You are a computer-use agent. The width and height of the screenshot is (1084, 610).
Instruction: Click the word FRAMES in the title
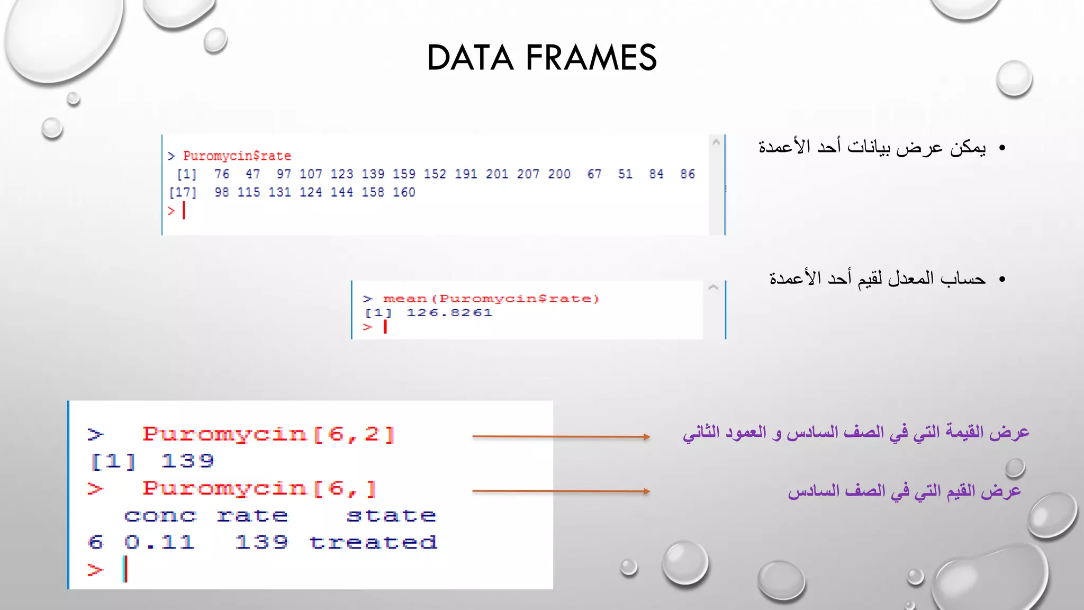point(591,58)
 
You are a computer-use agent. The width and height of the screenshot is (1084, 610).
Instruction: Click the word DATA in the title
point(470,58)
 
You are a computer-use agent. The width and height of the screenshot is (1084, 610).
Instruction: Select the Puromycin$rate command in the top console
point(237,156)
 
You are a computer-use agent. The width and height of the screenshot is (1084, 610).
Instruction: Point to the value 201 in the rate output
point(496,174)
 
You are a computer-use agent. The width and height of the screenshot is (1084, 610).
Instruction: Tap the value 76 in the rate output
point(221,174)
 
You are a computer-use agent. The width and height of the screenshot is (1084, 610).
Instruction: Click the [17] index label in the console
point(183,192)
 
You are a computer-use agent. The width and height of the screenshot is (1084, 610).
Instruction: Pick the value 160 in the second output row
point(404,192)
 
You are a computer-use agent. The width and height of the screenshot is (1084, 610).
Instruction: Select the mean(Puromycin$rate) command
point(491,299)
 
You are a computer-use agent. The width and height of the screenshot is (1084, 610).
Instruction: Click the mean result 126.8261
point(449,313)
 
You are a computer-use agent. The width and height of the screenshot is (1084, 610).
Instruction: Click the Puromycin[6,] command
point(259,488)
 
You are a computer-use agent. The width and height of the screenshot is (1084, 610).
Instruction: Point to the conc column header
point(160,515)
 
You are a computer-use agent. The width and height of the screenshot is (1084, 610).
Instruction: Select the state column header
point(391,515)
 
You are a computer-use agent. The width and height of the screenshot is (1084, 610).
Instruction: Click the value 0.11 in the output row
point(160,542)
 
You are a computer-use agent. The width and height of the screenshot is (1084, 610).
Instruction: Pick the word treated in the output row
point(373,542)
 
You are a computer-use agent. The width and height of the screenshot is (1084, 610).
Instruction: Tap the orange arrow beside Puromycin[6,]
point(561,491)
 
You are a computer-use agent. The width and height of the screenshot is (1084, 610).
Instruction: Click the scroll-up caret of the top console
point(716,142)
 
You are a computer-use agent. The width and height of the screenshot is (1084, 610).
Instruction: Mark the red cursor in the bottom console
point(125,569)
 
